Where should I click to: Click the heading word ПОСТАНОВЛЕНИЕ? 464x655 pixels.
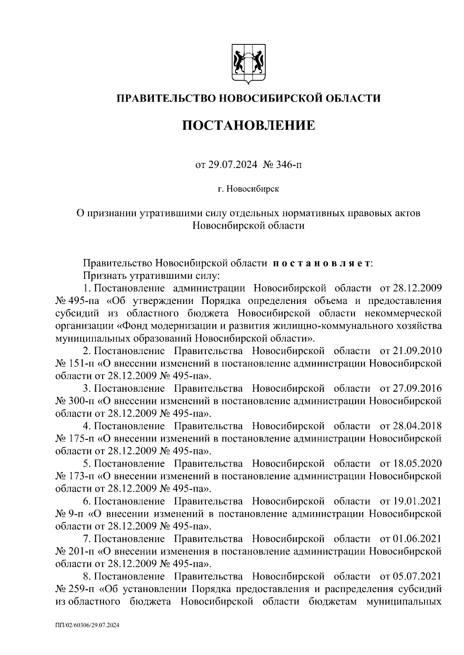click(x=249, y=126)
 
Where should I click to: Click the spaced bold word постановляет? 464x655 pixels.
click(x=321, y=264)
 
